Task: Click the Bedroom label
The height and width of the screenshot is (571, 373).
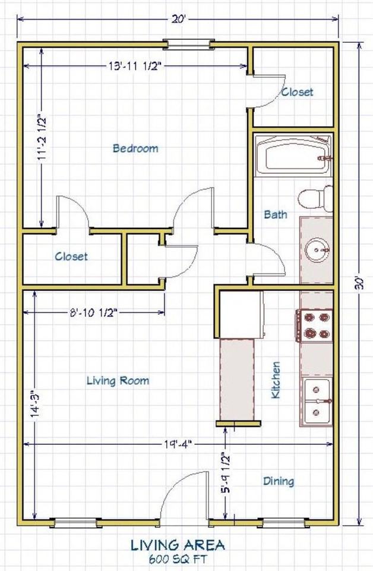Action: pos(135,148)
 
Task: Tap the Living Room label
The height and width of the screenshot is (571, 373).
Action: pos(118,381)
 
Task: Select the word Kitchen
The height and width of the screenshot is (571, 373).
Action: pos(276,380)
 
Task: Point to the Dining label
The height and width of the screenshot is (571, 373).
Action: pos(279,481)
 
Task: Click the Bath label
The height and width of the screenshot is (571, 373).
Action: pos(276,215)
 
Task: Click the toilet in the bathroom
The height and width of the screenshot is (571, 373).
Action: pos(315,199)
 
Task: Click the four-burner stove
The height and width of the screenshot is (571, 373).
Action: pos(314,325)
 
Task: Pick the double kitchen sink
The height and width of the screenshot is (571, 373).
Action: pos(317,401)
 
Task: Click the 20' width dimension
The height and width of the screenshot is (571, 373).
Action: pos(178,19)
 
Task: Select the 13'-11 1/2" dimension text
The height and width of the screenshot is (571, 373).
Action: pos(135,66)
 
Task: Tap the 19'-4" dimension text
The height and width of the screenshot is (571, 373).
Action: pos(178,444)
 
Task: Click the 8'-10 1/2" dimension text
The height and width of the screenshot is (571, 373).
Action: pos(93,312)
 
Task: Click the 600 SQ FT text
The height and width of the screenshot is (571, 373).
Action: pos(178,559)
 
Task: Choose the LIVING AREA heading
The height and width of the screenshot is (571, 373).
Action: pos(178,545)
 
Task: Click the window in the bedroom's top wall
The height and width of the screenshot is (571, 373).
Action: pos(188,45)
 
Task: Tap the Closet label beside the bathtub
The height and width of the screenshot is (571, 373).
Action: pos(297,92)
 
